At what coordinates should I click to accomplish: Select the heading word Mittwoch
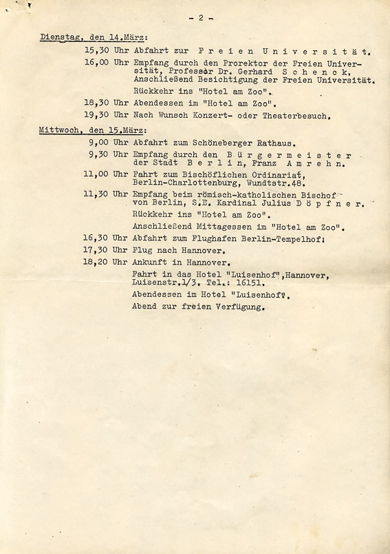point(56,130)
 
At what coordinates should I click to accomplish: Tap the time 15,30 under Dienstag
point(96,51)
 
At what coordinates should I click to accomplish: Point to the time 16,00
point(96,63)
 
